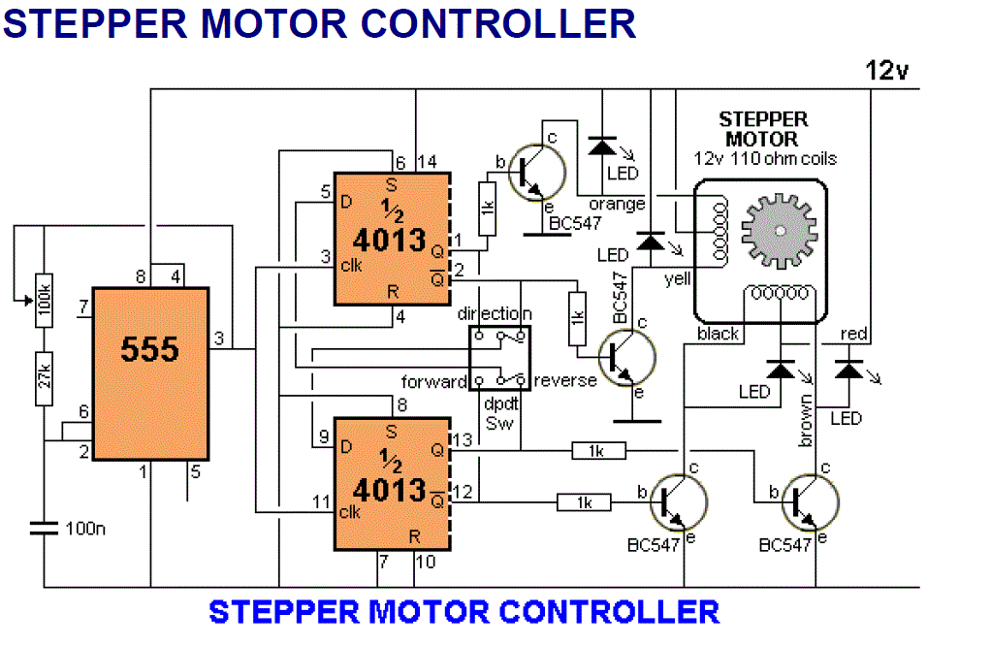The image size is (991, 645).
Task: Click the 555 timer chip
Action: point(150,373)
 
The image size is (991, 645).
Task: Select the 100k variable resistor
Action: point(44,301)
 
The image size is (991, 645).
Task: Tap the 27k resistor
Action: point(44,379)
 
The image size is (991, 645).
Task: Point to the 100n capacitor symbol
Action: point(44,528)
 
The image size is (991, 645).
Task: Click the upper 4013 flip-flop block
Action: point(392,239)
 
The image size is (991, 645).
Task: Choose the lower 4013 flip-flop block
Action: point(392,484)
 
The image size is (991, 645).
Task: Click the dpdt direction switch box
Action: point(499,358)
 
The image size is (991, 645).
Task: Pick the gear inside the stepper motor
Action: point(780,231)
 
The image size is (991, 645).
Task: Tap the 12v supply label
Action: point(886,70)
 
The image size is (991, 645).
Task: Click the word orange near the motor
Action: point(617,205)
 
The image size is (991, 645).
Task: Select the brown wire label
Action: point(805,421)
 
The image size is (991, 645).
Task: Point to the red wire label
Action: point(853,334)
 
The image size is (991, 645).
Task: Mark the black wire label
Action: point(718,334)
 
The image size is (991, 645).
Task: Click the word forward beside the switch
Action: point(433,381)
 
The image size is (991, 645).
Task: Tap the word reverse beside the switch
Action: point(565,380)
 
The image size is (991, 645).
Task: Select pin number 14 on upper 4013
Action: point(428,162)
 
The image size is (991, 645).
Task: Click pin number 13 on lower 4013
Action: point(463,439)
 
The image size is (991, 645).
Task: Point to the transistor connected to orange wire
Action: point(536,172)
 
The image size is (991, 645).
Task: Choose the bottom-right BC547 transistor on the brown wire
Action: point(811,502)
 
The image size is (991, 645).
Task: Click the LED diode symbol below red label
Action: point(848,370)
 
